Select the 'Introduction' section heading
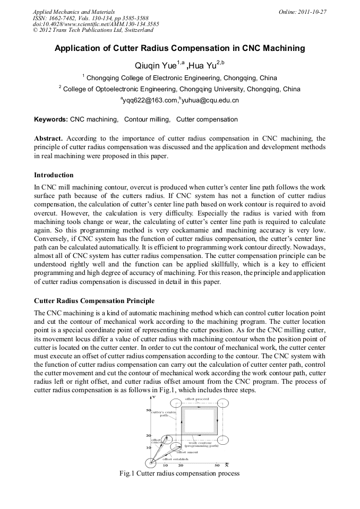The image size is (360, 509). click(x=54, y=175)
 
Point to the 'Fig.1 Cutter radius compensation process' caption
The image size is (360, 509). click(x=180, y=473)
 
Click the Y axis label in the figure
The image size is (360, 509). click(x=153, y=397)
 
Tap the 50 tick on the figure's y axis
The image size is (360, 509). click(x=149, y=410)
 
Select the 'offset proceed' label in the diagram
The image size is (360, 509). click(x=196, y=398)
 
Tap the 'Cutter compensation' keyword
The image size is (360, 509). click(x=207, y=119)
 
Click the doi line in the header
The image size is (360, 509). click(x=96, y=24)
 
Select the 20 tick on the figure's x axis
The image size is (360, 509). click(x=181, y=465)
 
